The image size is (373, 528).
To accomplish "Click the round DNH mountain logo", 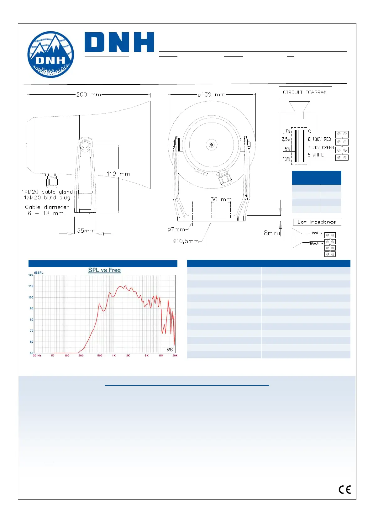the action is [x=51, y=55].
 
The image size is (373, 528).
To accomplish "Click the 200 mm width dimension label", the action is [x=89, y=94].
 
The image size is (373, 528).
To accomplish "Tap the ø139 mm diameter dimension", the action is [x=212, y=94].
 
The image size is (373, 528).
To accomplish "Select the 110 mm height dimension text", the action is [x=118, y=174].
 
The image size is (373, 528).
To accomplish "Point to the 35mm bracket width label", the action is [x=86, y=231].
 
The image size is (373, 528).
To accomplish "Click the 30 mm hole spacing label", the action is [x=221, y=199].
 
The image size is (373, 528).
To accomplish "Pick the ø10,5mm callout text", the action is [x=186, y=241].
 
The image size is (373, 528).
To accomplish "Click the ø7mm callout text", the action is [x=176, y=230].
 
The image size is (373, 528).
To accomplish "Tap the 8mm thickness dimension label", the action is [x=272, y=233].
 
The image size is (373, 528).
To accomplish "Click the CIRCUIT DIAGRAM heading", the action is [x=305, y=92].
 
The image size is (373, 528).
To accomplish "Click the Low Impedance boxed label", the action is [x=317, y=222].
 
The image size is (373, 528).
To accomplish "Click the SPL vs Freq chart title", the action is [x=104, y=270].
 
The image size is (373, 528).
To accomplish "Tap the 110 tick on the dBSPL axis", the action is [x=31, y=286].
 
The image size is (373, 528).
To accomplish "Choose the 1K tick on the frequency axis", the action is [x=114, y=356].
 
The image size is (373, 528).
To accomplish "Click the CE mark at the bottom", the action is [x=345, y=490].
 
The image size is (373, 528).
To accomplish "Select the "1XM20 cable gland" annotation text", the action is [x=47, y=192].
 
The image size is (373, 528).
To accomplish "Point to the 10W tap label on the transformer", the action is [x=286, y=159].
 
